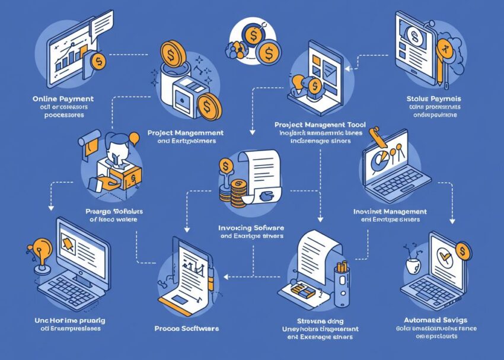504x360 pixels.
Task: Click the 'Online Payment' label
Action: click(x=63, y=97)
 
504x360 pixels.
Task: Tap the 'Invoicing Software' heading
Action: click(x=252, y=227)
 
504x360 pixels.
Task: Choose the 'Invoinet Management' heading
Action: click(x=390, y=211)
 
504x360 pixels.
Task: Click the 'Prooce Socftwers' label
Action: click(x=186, y=328)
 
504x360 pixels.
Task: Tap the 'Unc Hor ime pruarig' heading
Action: click(x=66, y=320)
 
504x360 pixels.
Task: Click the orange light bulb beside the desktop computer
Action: click(x=42, y=248)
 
